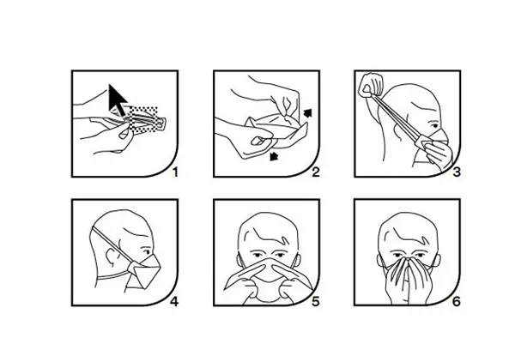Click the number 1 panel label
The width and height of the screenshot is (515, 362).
point(175,172)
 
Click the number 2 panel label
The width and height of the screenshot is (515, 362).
point(315,172)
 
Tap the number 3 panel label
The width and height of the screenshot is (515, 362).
point(457,172)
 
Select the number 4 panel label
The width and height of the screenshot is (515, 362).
point(174,301)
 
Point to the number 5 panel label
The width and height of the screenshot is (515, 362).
point(315,301)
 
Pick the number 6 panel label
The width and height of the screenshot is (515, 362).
point(457,301)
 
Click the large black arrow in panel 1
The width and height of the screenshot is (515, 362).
point(118,100)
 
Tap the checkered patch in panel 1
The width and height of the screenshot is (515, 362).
point(143,120)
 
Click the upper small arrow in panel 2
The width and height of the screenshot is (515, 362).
point(307,113)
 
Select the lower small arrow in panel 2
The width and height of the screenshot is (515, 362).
point(274,156)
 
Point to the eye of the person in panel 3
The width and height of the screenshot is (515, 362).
point(434,126)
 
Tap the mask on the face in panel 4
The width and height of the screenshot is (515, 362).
point(144,271)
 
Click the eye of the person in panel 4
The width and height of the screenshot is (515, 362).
point(147,252)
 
